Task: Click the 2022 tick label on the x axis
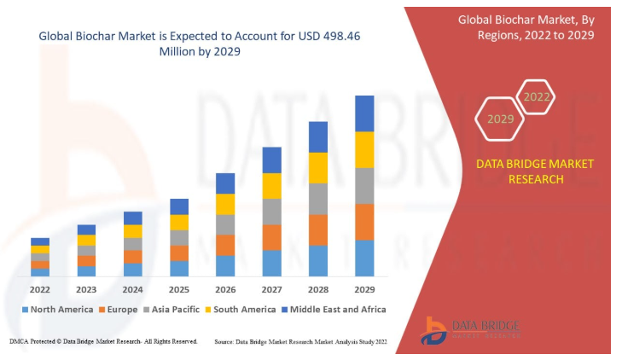click(40, 288)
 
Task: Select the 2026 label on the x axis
click(225, 288)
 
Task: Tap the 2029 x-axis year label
click(364, 288)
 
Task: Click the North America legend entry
click(57, 309)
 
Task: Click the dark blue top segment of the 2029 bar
click(364, 113)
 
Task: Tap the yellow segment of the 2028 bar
click(318, 167)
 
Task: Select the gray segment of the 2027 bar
click(272, 212)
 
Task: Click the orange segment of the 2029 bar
click(364, 222)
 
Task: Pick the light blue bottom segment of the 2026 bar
click(225, 265)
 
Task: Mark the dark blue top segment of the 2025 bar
click(179, 206)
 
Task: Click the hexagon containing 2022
click(537, 96)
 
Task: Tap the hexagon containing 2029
click(501, 119)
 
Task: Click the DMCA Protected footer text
click(102, 341)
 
